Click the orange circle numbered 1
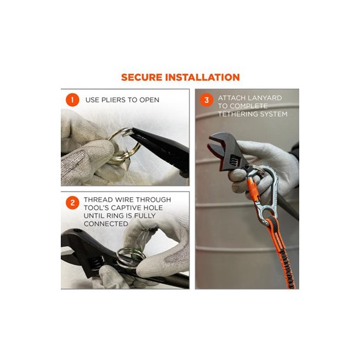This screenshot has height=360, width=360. point(73,100)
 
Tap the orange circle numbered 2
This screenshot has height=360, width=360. point(73,203)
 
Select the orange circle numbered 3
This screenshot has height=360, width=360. point(207,100)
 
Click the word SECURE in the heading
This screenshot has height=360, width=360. point(142,77)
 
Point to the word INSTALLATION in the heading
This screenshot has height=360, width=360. point(202,77)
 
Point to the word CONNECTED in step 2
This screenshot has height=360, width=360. point(106,224)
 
